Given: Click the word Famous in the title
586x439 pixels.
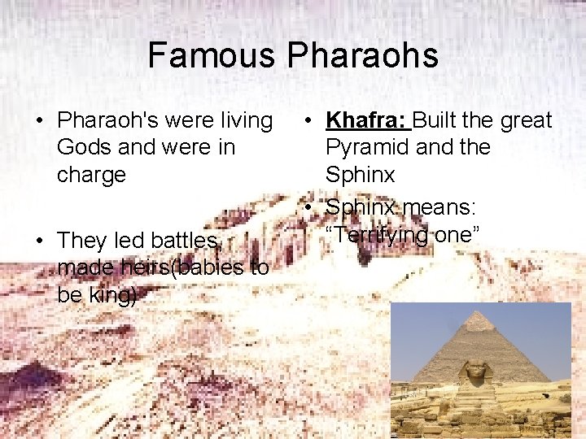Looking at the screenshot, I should pyautogui.click(x=212, y=56).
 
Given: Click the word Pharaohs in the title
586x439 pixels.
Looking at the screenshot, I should pyautogui.click(x=362, y=56).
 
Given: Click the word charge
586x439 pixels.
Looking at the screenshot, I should pyautogui.click(x=91, y=175).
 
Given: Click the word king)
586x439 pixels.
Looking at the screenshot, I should pyautogui.click(x=108, y=294).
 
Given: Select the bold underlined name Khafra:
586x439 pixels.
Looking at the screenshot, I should pyautogui.click(x=367, y=121).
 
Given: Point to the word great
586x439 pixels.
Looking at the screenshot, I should pyautogui.click(x=526, y=121).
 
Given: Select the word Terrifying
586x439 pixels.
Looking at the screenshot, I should pyautogui.click(x=377, y=235).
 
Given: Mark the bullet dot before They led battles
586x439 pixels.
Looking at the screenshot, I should pyautogui.click(x=38, y=241).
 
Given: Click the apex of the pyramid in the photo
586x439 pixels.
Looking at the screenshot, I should pyautogui.click(x=479, y=312).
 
